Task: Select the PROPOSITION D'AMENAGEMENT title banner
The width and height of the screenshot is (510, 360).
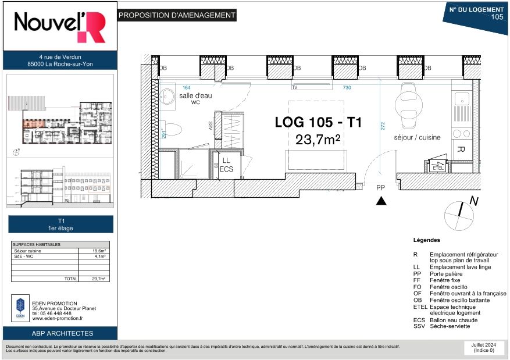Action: pyautogui.click(x=177, y=16)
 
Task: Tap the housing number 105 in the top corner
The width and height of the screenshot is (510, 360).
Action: pyautogui.click(x=497, y=17)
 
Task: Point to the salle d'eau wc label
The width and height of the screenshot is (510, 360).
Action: pyautogui.click(x=194, y=99)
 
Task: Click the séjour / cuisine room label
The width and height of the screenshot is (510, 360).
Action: pyautogui.click(x=417, y=137)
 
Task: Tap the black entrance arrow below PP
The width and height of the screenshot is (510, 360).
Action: pyautogui.click(x=381, y=201)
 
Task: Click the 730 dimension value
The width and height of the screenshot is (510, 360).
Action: pyautogui.click(x=347, y=87)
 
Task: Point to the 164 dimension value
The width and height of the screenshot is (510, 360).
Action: pyautogui.click(x=186, y=87)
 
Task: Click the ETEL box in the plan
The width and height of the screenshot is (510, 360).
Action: pyautogui.click(x=437, y=167)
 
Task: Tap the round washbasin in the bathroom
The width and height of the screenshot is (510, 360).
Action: pyautogui.click(x=168, y=97)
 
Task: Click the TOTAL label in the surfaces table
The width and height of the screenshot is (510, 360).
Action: pyautogui.click(x=70, y=279)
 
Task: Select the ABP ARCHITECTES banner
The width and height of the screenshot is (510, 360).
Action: pyautogui.click(x=62, y=333)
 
